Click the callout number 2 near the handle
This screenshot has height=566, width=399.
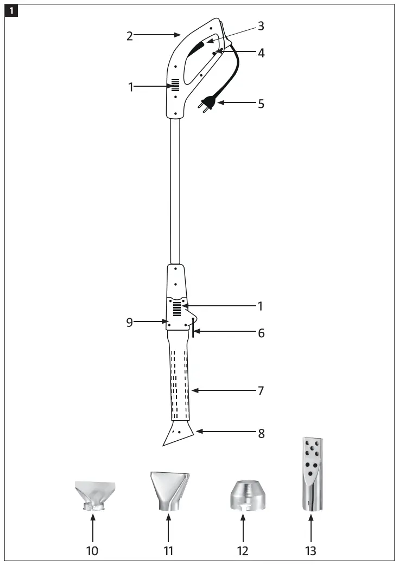pos(130,36)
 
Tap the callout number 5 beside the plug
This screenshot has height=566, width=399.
pos(261,103)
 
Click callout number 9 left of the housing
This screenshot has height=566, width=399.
pos(129,322)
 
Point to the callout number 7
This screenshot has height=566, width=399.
pos(261,390)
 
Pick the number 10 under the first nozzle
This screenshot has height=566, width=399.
pos(92,551)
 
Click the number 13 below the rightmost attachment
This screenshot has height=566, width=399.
pos(311,551)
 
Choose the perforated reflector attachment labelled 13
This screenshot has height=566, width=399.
pos(311,474)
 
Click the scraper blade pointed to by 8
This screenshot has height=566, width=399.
pos(178,435)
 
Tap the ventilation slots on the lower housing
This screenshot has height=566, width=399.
pos(176,309)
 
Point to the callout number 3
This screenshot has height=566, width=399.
pos(261,25)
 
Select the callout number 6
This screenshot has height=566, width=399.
pos(261,333)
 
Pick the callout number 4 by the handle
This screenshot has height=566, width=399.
pos(261,54)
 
